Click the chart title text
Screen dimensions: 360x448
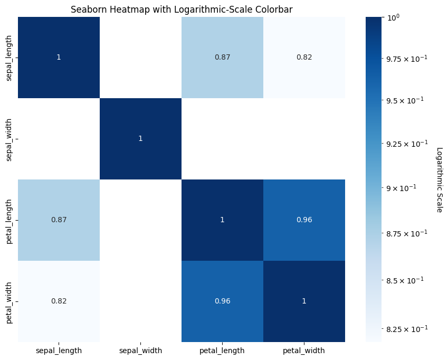182,9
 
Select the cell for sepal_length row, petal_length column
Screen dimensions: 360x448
222,57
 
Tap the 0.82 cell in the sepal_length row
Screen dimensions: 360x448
304,57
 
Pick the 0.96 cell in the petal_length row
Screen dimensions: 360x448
304,220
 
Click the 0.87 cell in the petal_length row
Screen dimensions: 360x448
59,220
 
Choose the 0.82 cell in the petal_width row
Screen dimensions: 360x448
59,301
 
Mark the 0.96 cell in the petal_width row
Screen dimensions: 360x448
222,301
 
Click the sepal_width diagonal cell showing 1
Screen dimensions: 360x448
140,138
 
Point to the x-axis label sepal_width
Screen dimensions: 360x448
140,350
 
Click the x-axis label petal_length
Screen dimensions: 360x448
222,350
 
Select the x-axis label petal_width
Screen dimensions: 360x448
304,350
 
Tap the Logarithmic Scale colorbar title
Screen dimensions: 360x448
440,179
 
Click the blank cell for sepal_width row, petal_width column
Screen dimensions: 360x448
304,138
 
